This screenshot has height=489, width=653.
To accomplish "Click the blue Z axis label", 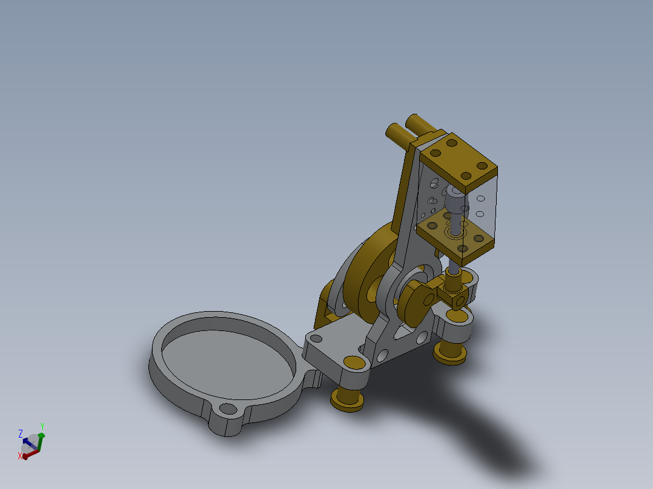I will coord(21,433).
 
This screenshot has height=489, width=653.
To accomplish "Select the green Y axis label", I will coord(42,427).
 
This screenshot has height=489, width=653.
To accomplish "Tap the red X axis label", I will coord(20,456).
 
